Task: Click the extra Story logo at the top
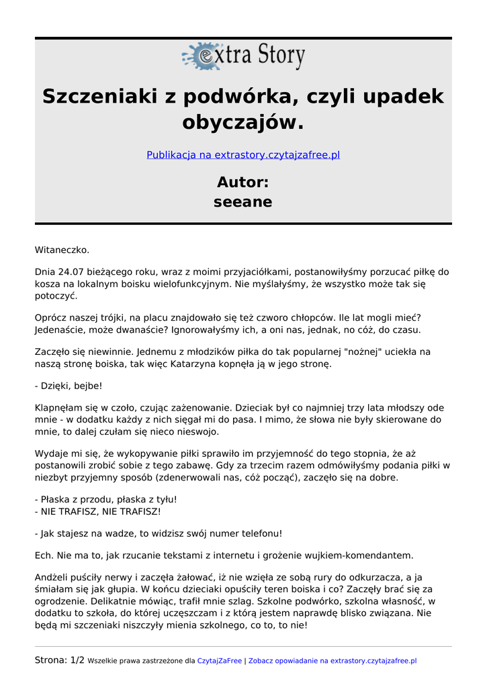tap(243, 56)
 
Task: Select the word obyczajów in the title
tap(243, 123)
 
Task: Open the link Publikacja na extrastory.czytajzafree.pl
tap(243, 155)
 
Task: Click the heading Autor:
tap(243, 182)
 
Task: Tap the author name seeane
tap(243, 202)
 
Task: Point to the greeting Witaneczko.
tap(62, 250)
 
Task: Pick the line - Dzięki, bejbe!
tap(69, 386)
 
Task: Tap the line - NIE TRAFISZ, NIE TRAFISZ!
tap(98, 511)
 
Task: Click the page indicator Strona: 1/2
tap(60, 660)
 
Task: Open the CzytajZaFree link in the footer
tap(219, 661)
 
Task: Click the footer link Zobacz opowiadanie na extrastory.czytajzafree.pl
tap(333, 661)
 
